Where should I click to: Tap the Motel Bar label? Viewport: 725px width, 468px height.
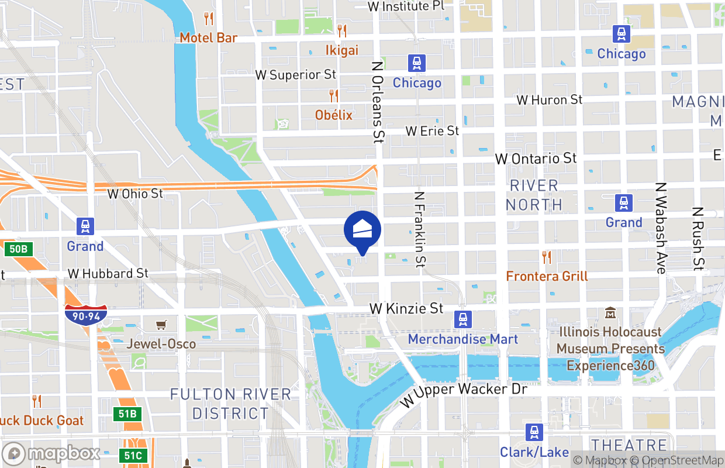tap(208, 38)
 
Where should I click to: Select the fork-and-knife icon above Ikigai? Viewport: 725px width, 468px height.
tap(342, 30)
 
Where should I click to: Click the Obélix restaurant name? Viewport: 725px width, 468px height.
tap(334, 115)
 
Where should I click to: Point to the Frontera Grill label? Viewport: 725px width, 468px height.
tap(547, 276)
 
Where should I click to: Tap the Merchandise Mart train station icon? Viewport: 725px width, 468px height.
tap(463, 319)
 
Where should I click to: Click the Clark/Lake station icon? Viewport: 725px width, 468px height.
tap(534, 432)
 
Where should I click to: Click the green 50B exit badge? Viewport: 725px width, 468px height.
tap(18, 249)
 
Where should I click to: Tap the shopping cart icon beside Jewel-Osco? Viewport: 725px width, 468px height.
tap(161, 325)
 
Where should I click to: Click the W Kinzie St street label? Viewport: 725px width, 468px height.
tap(406, 308)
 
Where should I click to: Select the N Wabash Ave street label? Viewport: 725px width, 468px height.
tap(661, 228)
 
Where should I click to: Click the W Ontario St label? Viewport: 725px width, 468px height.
tap(536, 159)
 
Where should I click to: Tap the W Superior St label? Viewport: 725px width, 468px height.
tap(296, 75)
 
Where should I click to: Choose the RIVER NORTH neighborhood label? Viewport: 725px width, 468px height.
tap(534, 195)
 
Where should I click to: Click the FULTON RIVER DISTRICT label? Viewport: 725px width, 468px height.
tap(230, 404)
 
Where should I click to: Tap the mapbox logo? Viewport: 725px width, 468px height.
tap(51, 453)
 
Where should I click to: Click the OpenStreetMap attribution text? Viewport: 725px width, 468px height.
tap(680, 460)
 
